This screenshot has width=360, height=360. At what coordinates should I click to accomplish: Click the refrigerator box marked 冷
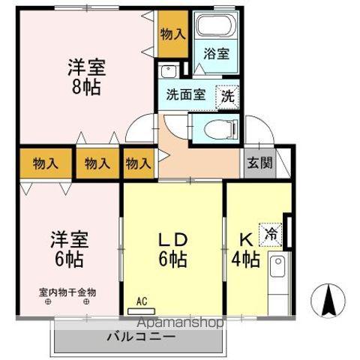click(269, 234)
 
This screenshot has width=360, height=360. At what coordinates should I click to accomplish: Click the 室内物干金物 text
click(68, 292)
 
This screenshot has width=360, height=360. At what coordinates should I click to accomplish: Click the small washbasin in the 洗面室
click(169, 72)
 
